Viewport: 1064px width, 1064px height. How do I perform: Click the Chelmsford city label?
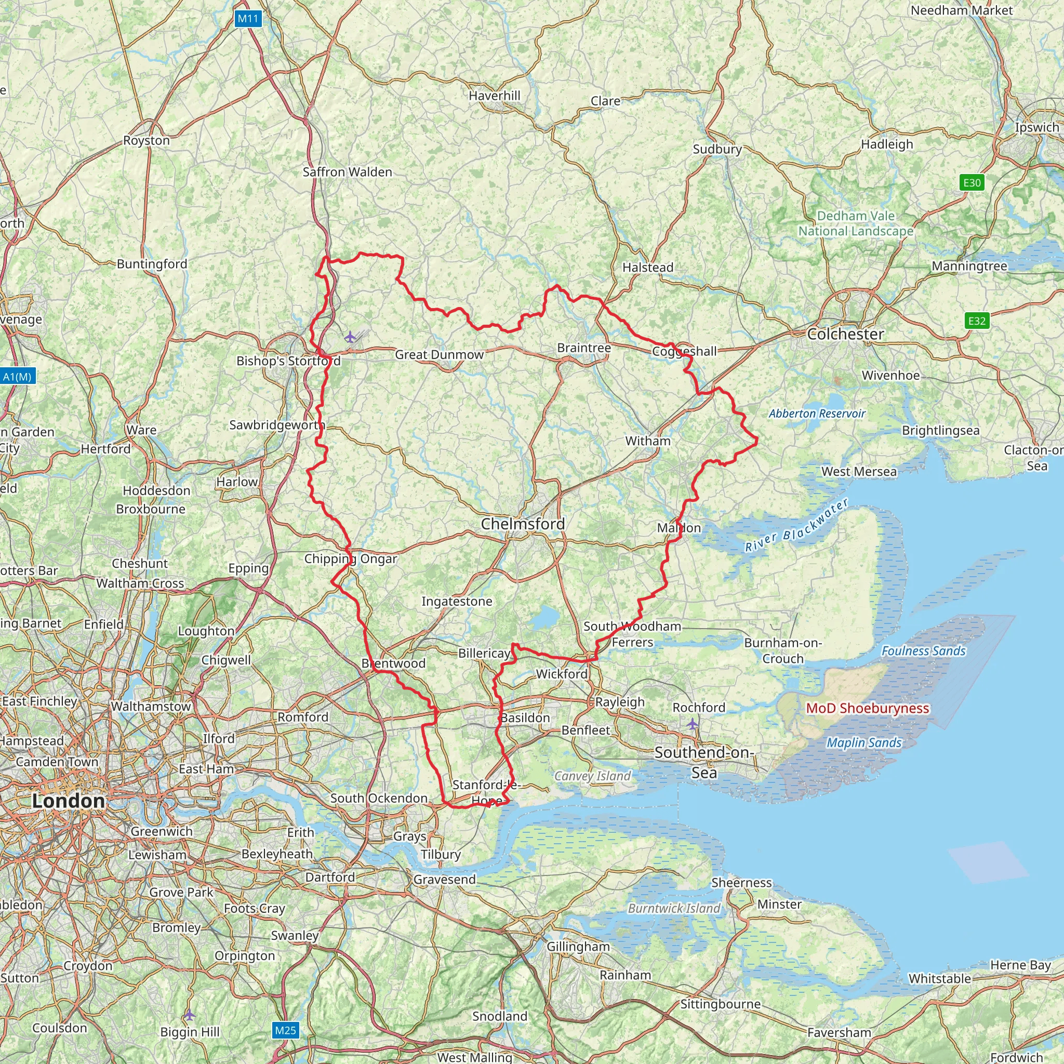[523, 524]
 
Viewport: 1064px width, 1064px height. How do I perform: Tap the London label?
[68, 801]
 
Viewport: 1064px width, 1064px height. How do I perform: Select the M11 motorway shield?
[248, 19]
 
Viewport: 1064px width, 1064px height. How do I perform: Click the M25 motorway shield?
[285, 1030]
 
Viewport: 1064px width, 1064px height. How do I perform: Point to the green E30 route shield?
[972, 182]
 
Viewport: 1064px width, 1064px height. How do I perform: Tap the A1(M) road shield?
[17, 377]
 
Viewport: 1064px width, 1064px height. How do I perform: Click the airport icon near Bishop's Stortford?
[350, 337]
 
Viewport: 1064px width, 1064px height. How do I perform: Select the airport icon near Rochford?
[692, 723]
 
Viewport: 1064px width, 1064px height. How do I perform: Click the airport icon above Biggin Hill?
[189, 1015]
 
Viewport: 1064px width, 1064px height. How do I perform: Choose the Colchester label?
[845, 334]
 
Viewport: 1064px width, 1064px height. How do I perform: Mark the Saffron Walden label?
[348, 172]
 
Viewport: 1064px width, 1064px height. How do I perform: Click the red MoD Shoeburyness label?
[868, 708]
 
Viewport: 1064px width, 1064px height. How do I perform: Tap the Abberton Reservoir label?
[817, 414]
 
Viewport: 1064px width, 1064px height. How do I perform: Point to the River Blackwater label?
[796, 525]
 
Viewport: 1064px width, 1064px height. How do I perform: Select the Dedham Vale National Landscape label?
[856, 223]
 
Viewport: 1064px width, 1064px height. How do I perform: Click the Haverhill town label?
[494, 96]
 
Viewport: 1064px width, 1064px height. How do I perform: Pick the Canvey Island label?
[592, 776]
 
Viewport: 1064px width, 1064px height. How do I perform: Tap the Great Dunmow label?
[439, 355]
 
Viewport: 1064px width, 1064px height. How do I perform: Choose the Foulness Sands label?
[924, 651]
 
